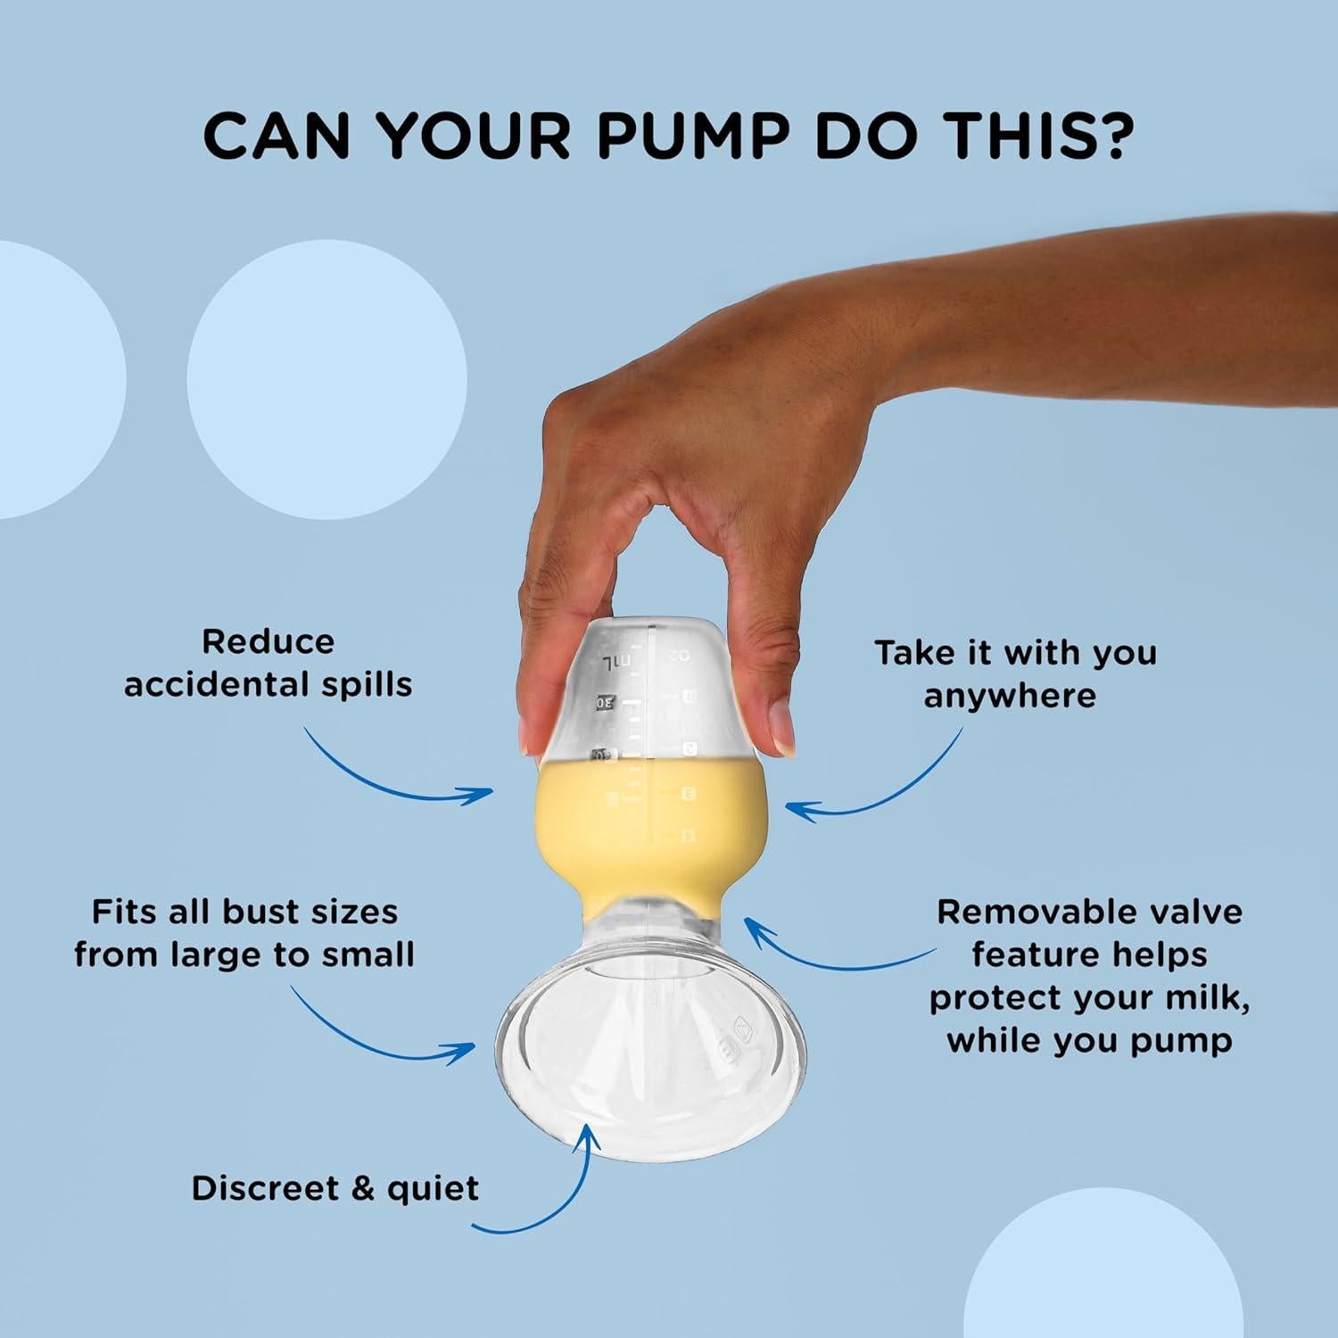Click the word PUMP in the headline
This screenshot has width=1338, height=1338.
pyautogui.click(x=692, y=136)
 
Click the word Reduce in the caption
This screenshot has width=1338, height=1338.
pyautogui.click(x=268, y=641)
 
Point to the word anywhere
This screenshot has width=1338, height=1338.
pyautogui.click(x=1010, y=697)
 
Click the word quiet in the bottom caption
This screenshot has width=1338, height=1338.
pyautogui.click(x=433, y=1189)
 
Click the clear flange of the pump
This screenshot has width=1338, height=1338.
pyautogui.click(x=652, y=1053)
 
